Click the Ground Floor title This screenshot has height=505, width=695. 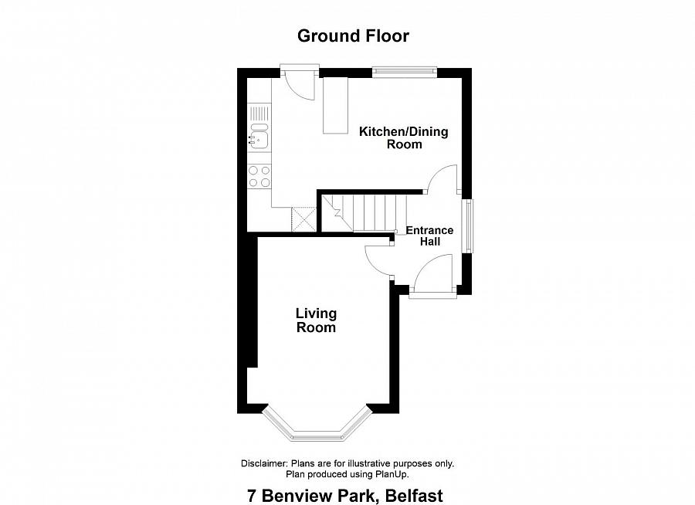coord(353,36)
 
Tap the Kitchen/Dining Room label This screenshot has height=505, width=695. coord(403,138)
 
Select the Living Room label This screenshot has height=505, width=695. coord(316,320)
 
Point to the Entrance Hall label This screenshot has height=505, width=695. coord(429,236)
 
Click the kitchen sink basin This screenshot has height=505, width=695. coord(259,138)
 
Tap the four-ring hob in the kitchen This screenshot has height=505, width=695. coord(259,176)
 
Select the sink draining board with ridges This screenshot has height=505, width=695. coord(259,113)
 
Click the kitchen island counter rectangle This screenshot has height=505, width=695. coord(336,105)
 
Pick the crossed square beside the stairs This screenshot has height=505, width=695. coord(303,219)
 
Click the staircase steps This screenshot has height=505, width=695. coord(364,213)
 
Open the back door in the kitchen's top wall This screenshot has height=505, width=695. coord(300,83)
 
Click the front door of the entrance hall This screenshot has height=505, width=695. coord(432,276)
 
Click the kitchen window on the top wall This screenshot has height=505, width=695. coord(404,72)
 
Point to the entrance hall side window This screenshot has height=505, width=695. coord(467,226)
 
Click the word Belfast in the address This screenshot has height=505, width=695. coord(414,496)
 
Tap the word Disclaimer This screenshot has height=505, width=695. coord(264,464)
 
